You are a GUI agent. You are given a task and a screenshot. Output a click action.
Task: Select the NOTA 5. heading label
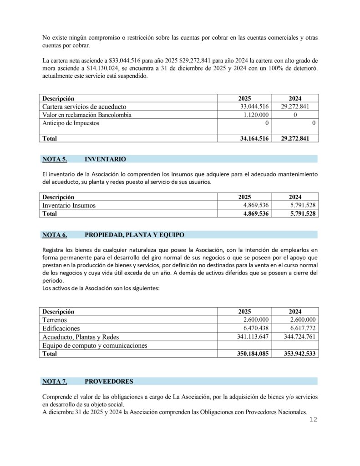tap(55, 159)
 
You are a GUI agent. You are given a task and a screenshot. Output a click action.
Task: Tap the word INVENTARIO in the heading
tap(105, 159)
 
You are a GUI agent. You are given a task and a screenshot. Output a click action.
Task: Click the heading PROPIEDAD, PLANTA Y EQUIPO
tap(134, 235)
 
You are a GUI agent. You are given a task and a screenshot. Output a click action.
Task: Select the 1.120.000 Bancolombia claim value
tap(255, 115)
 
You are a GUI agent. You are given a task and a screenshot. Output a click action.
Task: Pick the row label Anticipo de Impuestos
tap(71, 123)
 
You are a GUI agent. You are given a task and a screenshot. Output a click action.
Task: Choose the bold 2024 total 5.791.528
tap(300, 213)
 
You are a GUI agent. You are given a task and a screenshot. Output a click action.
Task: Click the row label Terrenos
tap(55, 320)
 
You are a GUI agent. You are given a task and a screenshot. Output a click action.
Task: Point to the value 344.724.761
tap(296, 337)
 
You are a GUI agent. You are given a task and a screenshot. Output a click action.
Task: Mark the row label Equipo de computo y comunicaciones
tap(95, 345)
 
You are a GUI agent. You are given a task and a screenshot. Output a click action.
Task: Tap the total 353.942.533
tap(296, 354)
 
